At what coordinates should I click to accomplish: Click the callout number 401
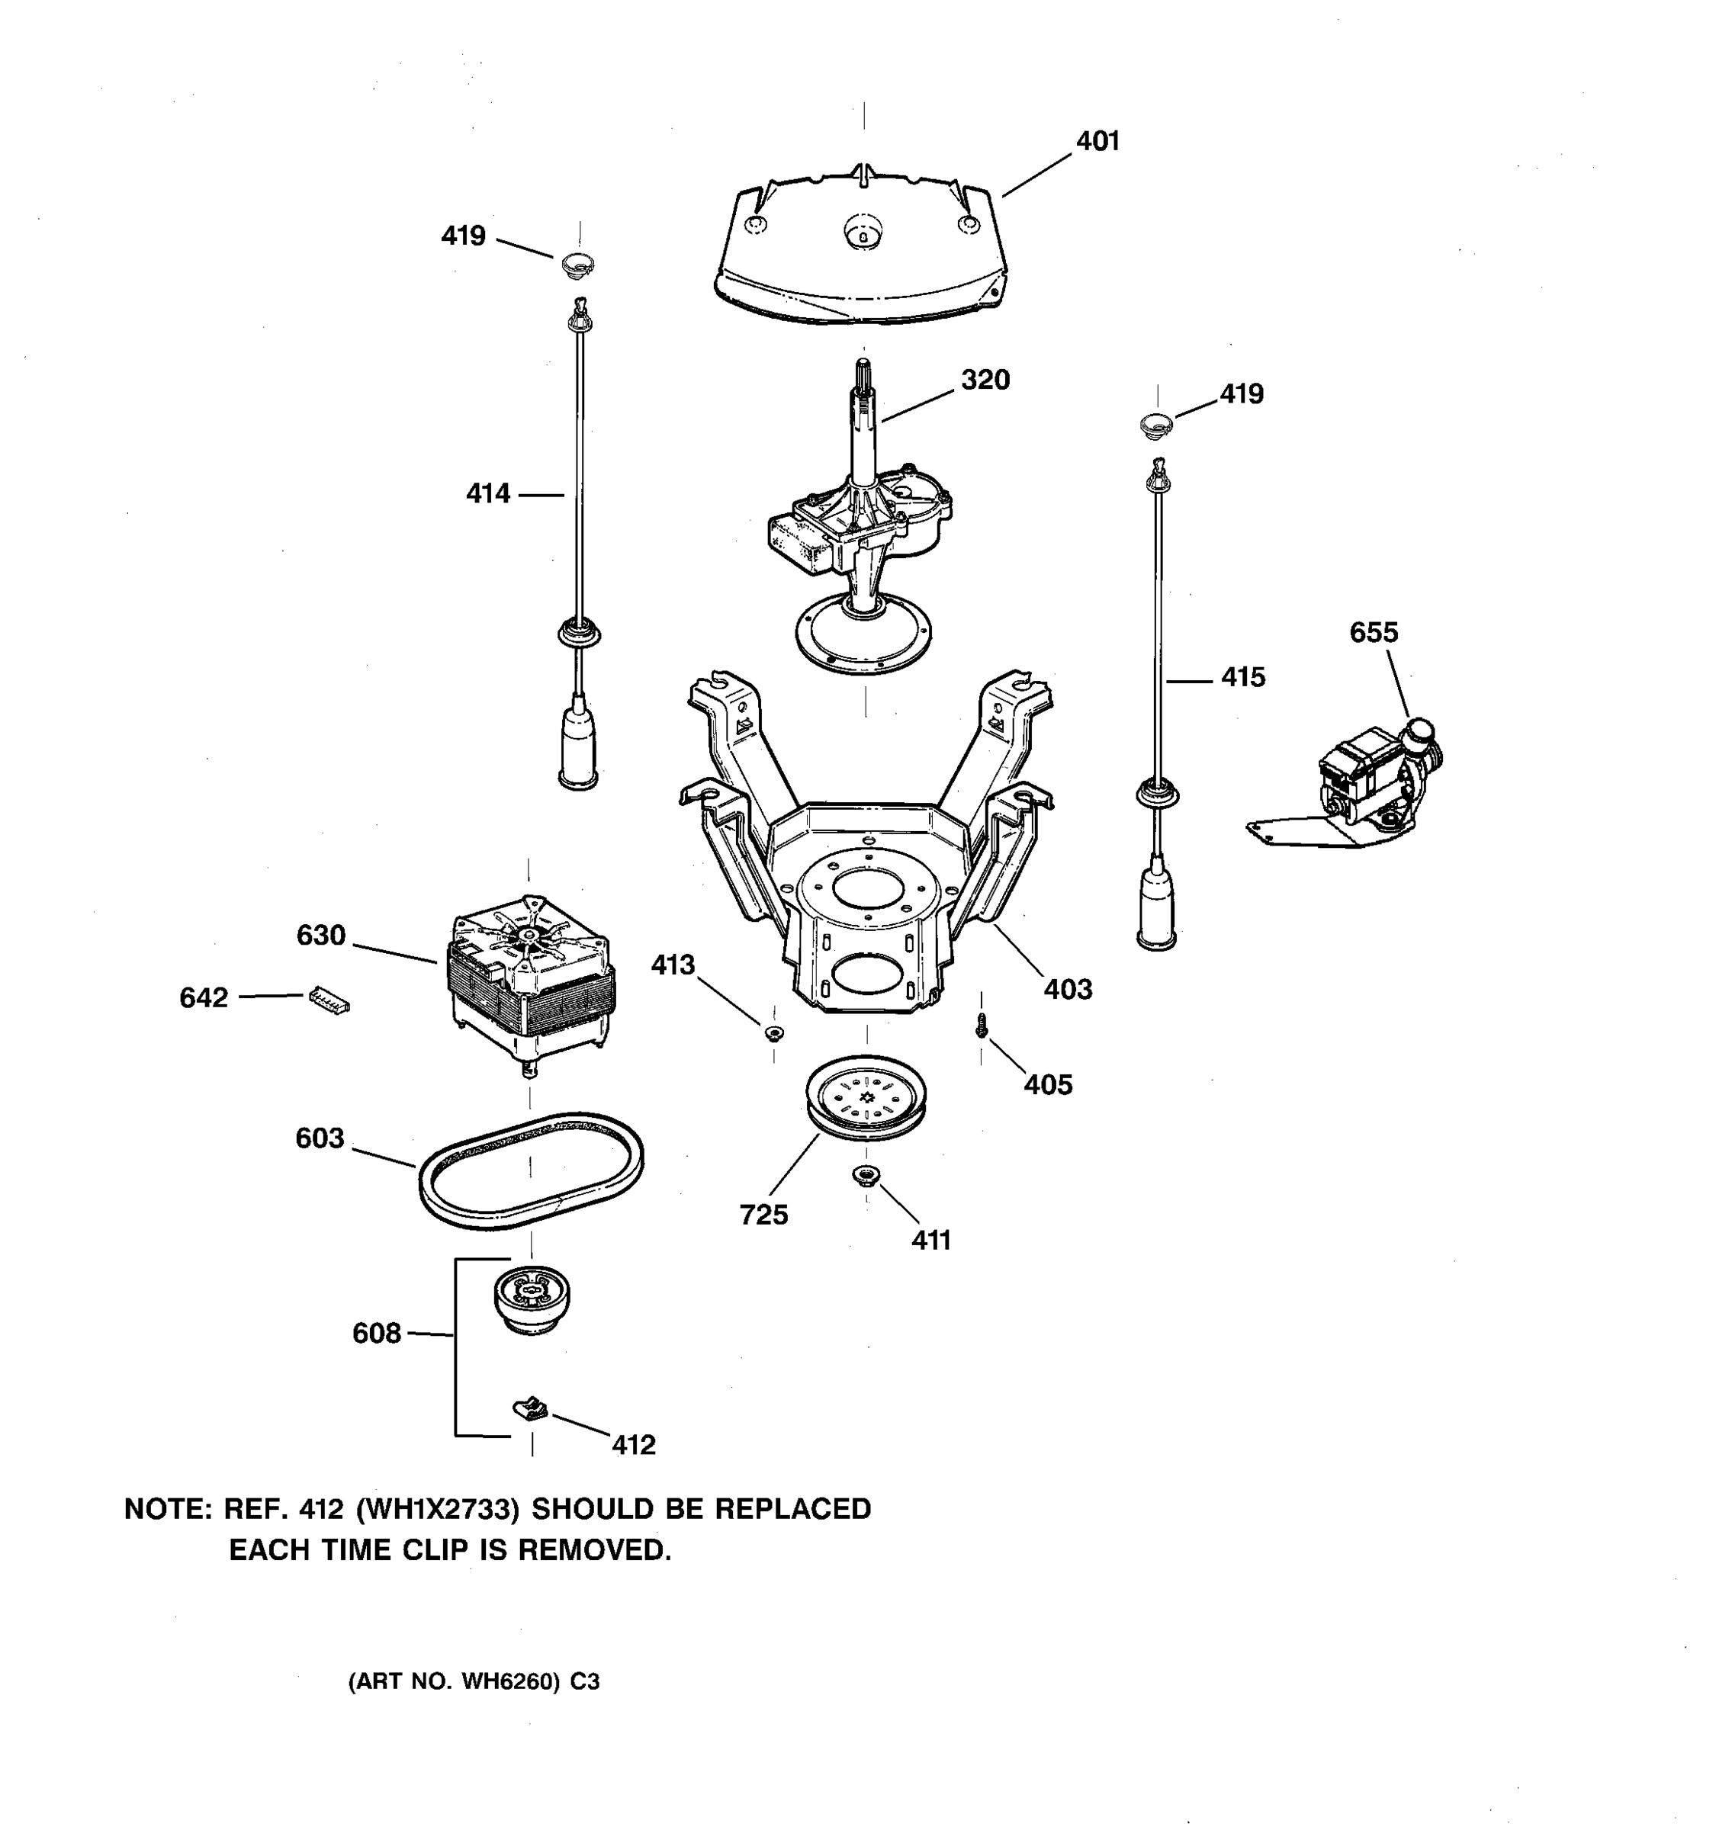pos(1097,141)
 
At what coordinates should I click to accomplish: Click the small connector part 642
pos(329,1000)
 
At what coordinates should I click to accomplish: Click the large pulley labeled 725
pos(866,1097)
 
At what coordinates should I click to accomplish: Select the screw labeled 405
pos(982,1025)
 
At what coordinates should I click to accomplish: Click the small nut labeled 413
pos(773,1032)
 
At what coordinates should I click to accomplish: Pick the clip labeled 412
pos(530,1408)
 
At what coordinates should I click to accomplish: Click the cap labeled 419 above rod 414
pos(577,264)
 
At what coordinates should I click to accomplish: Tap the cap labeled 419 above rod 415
pos(1156,425)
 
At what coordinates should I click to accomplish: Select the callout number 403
pos(1068,990)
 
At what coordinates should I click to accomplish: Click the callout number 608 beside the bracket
pos(377,1333)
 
